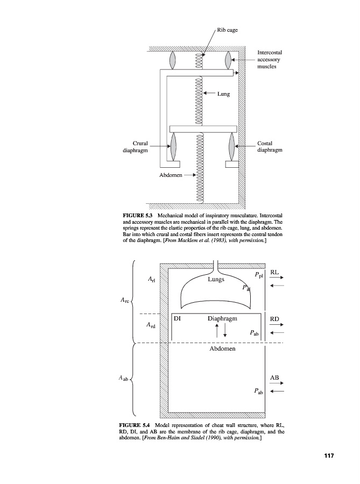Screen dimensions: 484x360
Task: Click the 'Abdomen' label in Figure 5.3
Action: click(x=171, y=175)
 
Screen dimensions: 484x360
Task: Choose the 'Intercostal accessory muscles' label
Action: click(x=270, y=59)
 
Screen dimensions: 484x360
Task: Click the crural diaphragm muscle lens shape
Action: click(x=173, y=146)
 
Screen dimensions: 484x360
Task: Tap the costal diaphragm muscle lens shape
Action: click(x=232, y=146)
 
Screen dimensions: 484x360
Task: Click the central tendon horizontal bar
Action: click(x=203, y=129)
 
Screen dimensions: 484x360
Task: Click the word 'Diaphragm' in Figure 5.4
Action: click(x=222, y=318)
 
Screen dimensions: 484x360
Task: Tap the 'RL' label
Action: click(x=274, y=273)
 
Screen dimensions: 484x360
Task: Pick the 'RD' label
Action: click(x=274, y=319)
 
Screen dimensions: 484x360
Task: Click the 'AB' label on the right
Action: click(x=274, y=378)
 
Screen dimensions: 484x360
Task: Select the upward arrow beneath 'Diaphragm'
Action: click(x=216, y=330)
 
